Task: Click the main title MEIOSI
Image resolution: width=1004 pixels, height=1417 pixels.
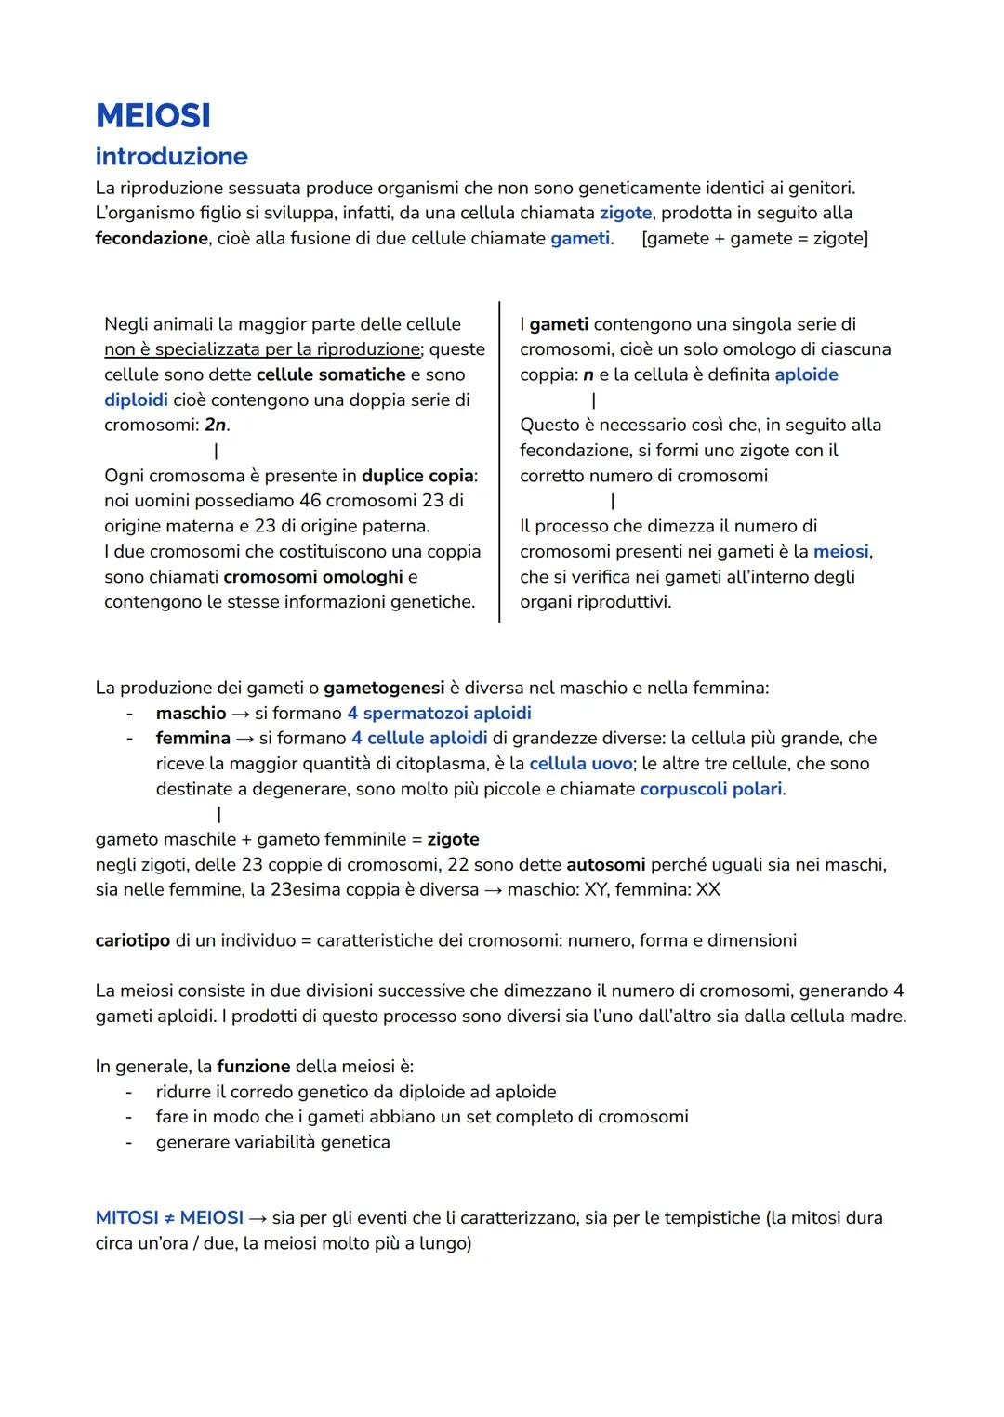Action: pyautogui.click(x=153, y=116)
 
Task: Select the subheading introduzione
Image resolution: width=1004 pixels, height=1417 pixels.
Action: pyautogui.click(x=171, y=156)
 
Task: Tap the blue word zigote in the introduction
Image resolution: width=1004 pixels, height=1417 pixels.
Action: pyautogui.click(x=625, y=213)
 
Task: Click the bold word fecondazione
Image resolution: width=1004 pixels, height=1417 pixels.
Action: pyautogui.click(x=152, y=238)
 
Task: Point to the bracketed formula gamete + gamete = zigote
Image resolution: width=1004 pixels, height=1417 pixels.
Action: pyautogui.click(x=754, y=238)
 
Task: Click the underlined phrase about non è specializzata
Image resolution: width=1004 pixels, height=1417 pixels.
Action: pyautogui.click(x=262, y=349)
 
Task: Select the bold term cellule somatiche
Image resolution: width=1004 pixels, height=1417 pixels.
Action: pyautogui.click(x=331, y=374)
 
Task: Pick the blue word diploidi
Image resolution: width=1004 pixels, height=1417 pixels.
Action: pyautogui.click(x=136, y=400)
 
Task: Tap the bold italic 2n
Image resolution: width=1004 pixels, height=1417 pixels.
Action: pyautogui.click(x=216, y=425)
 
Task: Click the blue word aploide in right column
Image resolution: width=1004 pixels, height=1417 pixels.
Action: pyautogui.click(x=806, y=374)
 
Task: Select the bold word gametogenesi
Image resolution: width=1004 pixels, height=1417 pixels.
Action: pyautogui.click(x=384, y=688)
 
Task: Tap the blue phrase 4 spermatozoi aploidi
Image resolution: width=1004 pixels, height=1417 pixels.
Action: pyautogui.click(x=439, y=713)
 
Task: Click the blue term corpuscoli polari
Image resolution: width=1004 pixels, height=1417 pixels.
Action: pyautogui.click(x=711, y=789)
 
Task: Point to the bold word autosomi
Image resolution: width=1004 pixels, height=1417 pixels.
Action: pyautogui.click(x=605, y=864)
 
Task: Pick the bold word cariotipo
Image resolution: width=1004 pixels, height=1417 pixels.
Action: pyautogui.click(x=132, y=940)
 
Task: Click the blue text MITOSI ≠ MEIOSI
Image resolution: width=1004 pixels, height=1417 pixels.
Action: pyautogui.click(x=169, y=1217)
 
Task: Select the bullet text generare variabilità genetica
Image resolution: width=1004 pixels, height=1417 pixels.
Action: pyautogui.click(x=272, y=1142)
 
